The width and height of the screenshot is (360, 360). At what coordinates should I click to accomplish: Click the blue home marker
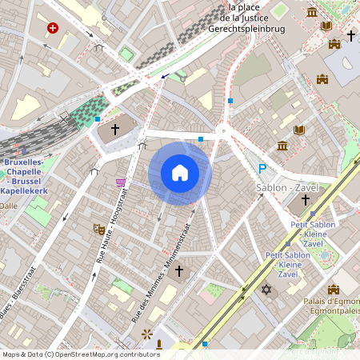tap(180, 173)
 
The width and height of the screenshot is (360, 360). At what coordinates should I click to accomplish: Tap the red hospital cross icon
tap(53, 28)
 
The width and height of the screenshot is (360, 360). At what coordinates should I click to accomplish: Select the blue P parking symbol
tap(262, 169)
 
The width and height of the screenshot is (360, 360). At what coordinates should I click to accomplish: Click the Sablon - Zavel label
tap(287, 187)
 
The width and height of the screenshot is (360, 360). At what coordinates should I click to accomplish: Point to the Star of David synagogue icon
tap(266, 289)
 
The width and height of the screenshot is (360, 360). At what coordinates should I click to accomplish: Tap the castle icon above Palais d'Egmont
tap(334, 289)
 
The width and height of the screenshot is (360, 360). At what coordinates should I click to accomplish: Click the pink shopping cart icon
tap(121, 183)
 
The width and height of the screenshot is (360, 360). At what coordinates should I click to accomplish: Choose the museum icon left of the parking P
tap(282, 145)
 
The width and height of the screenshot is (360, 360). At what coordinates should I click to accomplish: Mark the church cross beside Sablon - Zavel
tap(305, 198)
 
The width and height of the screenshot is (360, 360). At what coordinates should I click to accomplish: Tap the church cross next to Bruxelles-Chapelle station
tap(115, 129)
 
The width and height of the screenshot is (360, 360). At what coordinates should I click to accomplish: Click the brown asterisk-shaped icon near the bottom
tap(146, 333)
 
